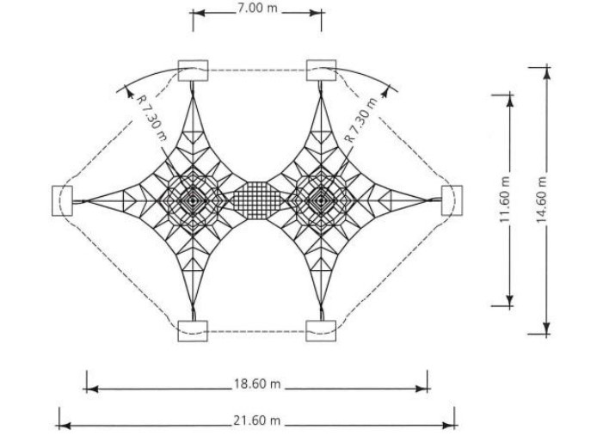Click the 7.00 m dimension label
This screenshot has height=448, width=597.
258,9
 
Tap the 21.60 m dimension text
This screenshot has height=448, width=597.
256,420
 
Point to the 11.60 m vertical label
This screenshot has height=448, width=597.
505,199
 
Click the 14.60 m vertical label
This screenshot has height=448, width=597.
542,199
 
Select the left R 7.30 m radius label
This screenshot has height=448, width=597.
151,117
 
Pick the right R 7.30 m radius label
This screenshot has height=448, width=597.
361,120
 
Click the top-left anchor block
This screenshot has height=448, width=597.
193,71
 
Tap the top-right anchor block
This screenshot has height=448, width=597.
321,71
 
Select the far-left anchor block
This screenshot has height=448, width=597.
62,200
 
